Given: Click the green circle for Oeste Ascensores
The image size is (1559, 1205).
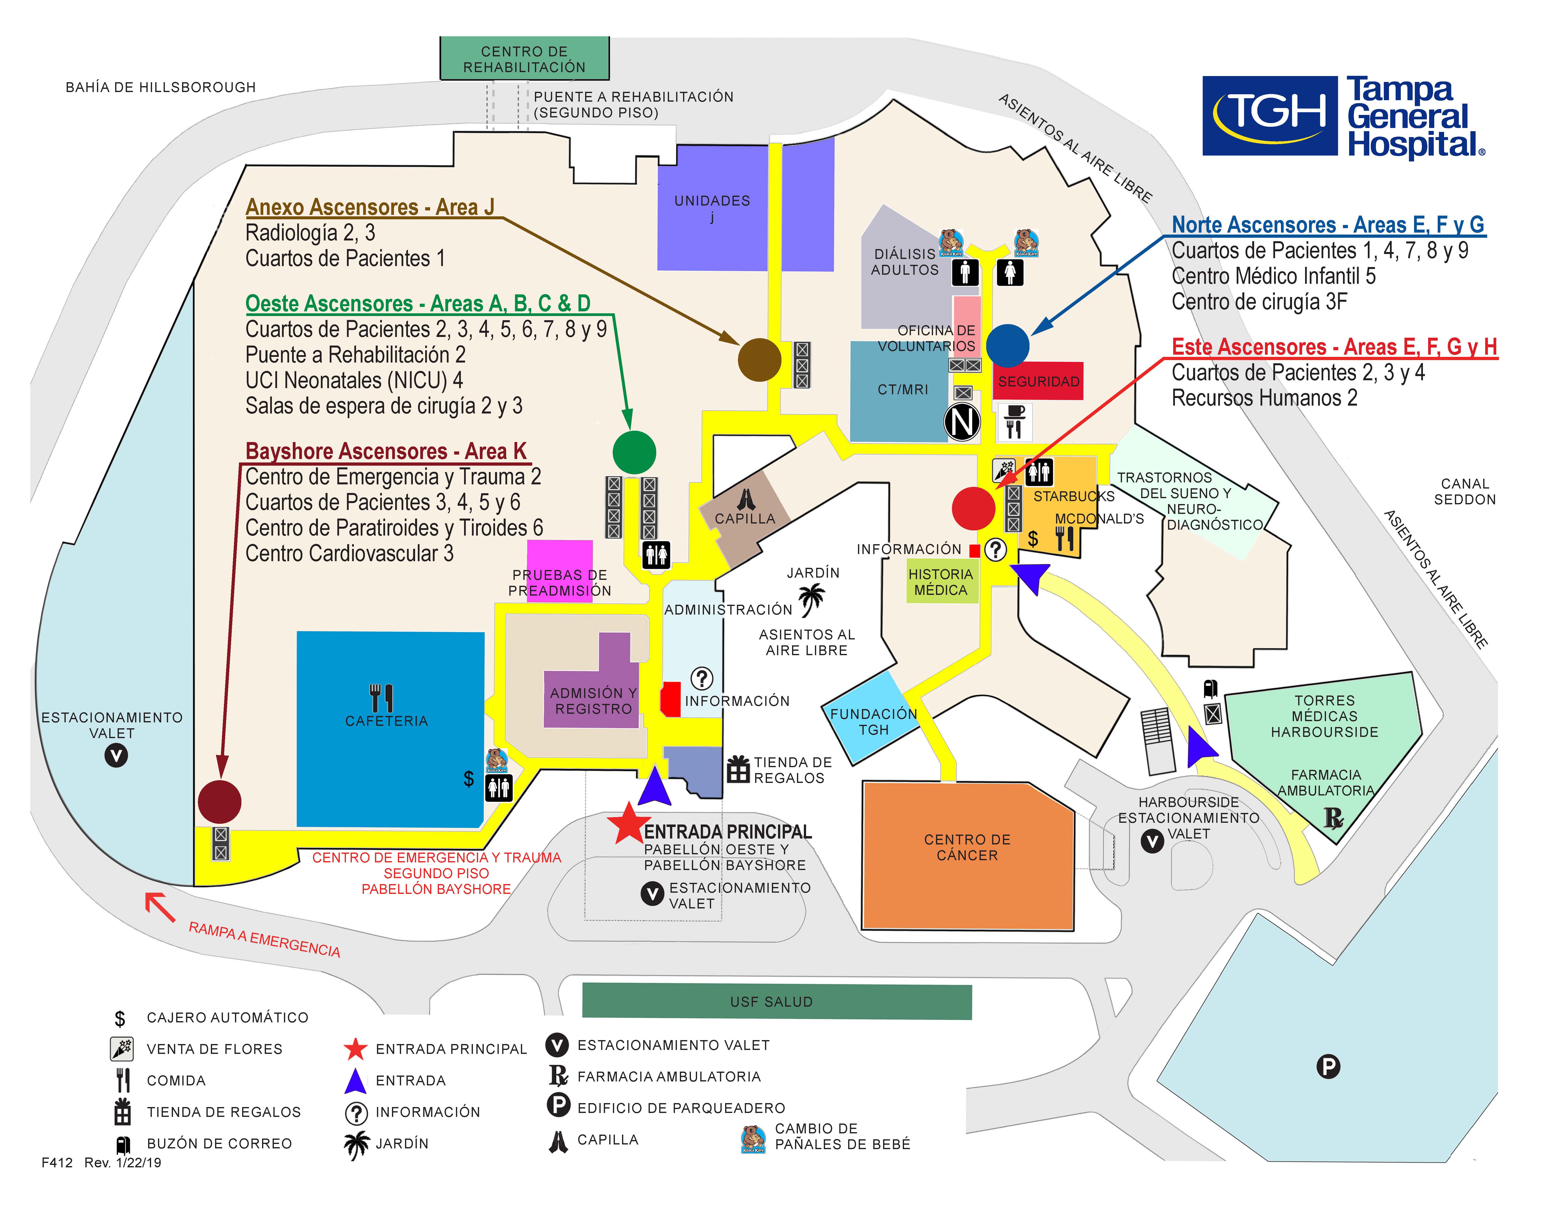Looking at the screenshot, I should pyautogui.click(x=634, y=452).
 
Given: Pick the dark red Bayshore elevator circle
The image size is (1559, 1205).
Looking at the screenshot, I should pyautogui.click(x=219, y=802).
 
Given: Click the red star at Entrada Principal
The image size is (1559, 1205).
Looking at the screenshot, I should pyautogui.click(x=628, y=824).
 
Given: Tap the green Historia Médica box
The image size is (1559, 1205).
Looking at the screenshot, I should pyautogui.click(x=941, y=582).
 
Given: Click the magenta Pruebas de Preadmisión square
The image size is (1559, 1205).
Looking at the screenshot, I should pyautogui.click(x=560, y=564).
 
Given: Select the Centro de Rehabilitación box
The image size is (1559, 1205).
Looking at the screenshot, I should pyautogui.click(x=524, y=59).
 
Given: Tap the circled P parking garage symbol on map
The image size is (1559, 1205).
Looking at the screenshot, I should pyautogui.click(x=1328, y=1066).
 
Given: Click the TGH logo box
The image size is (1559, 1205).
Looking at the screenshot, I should pyautogui.click(x=1269, y=116).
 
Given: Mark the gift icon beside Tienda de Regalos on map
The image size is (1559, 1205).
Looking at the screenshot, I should pyautogui.click(x=738, y=770).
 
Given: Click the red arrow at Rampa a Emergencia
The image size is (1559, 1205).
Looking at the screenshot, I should pyautogui.click(x=160, y=907).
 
